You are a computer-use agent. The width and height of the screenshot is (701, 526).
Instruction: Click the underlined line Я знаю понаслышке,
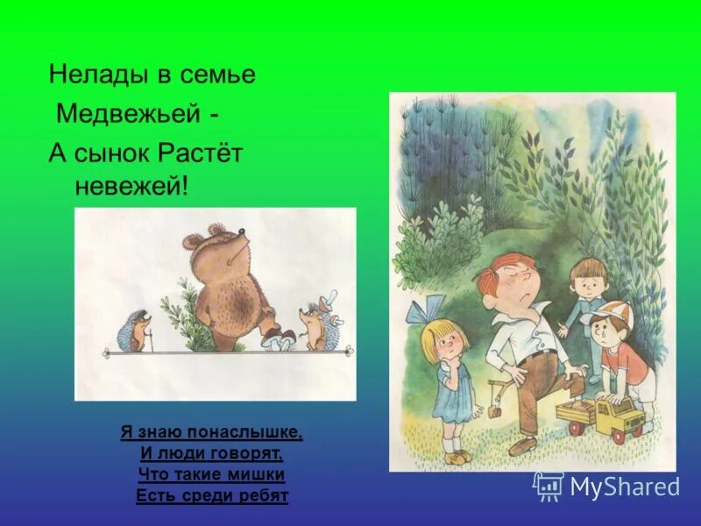[x=211, y=432]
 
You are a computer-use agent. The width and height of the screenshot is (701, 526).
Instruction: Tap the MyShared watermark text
[x=624, y=486]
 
